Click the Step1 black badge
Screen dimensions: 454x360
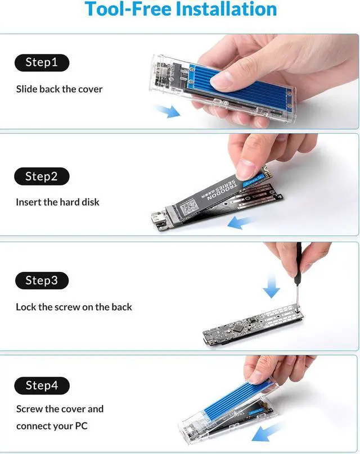click(42, 62)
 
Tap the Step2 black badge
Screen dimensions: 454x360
click(42, 176)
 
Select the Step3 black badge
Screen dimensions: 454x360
click(42, 280)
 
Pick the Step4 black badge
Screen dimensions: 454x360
click(42, 385)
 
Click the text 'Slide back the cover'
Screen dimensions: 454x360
click(59, 89)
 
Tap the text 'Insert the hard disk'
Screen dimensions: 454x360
click(57, 202)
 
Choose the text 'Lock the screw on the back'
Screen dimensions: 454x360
click(74, 307)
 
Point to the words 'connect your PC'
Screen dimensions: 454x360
click(52, 426)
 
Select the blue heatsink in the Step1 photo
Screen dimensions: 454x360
click(253, 84)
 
